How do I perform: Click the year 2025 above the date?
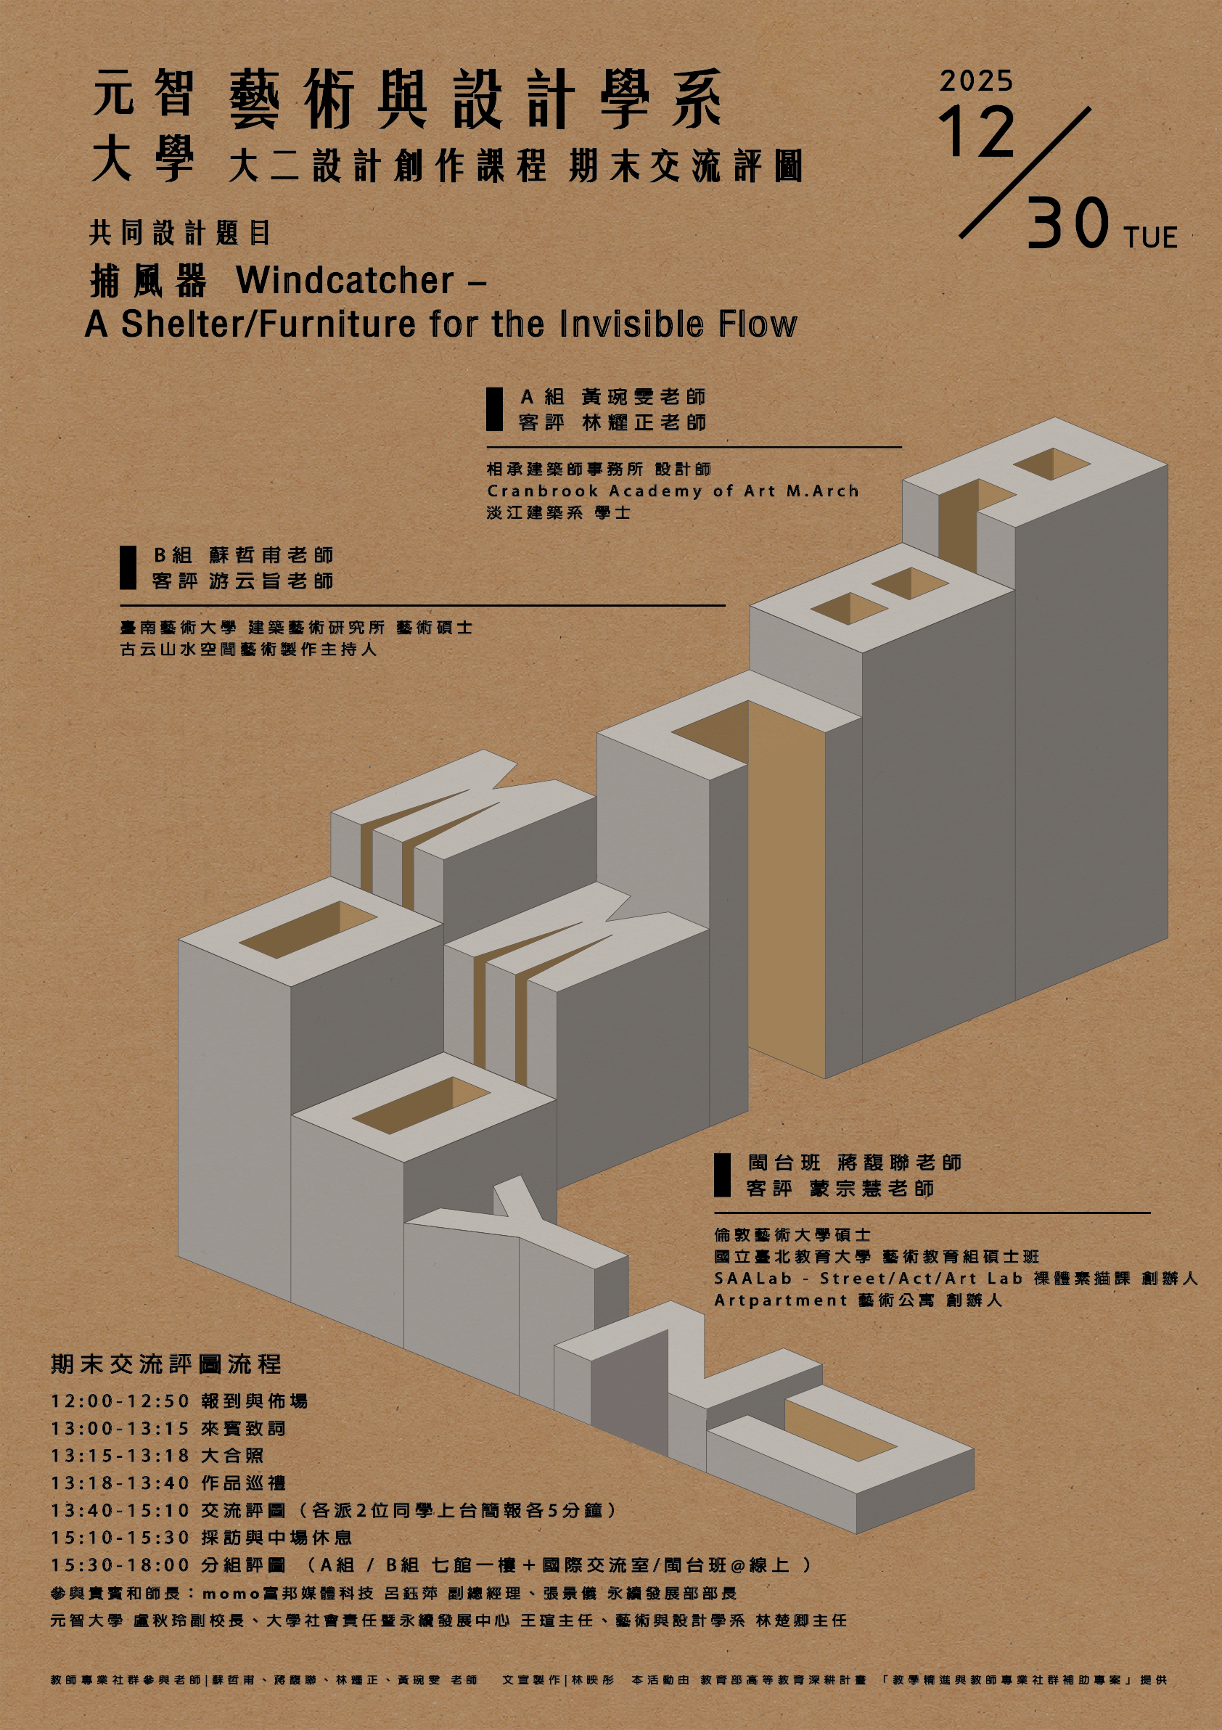pos(976,81)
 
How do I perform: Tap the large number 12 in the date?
pos(977,132)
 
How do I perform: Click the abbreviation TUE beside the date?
pos(1150,237)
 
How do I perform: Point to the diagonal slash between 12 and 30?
pos(1025,173)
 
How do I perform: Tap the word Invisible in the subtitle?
pos(631,324)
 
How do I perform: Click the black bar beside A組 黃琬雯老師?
pos(494,409)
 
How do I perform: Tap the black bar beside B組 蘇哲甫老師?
pos(128,567)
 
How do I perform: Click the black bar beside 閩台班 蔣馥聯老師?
pos(723,1175)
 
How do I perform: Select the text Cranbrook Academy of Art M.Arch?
pos(673,491)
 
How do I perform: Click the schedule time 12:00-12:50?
pos(120,1401)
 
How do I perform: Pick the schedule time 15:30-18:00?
pos(120,1565)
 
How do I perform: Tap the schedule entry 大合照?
pos(232,1456)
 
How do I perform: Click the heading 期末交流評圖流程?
pos(165,1364)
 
